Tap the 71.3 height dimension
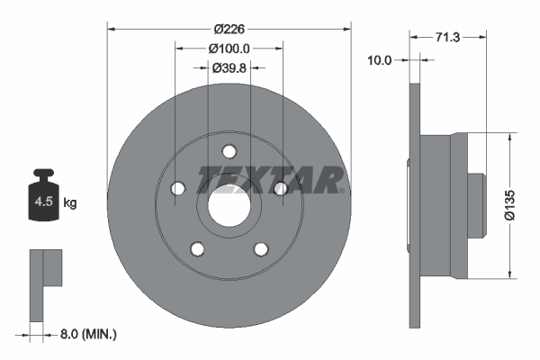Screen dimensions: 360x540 pos(449,38)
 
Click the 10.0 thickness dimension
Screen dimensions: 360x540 pos(381,60)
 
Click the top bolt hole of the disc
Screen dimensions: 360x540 pos(229,151)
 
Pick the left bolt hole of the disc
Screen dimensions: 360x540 pos(177,188)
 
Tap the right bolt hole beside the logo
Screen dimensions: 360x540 pos(280,188)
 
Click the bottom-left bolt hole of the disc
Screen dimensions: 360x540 pos(197,248)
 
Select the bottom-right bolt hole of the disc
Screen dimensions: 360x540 pos(260,248)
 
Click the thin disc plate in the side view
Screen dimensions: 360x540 pos(415,204)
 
